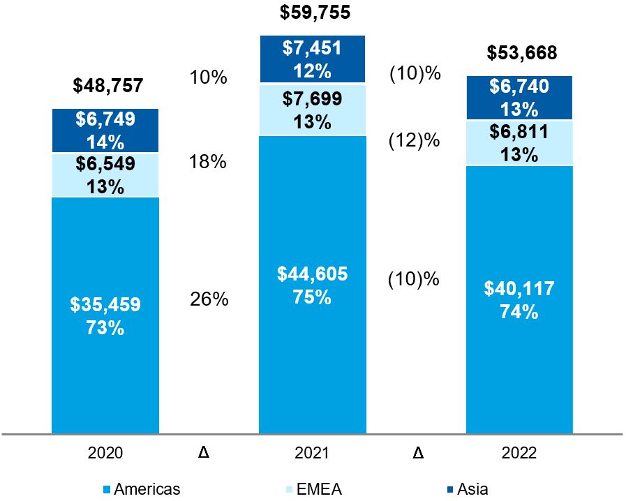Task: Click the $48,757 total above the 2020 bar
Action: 108,86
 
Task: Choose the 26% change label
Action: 209,299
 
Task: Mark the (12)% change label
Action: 414,140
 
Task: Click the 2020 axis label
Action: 105,453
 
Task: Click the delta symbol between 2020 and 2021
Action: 204,453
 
